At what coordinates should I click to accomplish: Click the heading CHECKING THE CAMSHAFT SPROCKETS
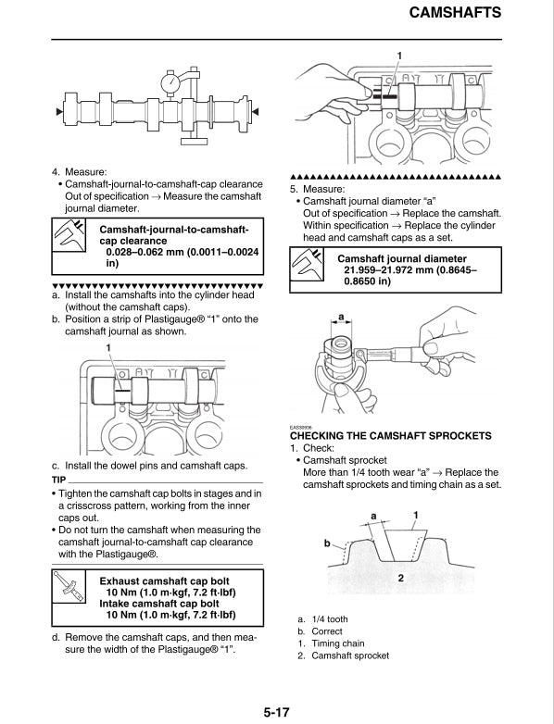pos(391,435)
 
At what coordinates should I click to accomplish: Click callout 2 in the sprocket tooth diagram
pos(400,577)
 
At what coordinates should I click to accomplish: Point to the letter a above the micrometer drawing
pos(341,318)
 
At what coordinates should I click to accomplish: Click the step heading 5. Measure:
pos(318,189)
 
